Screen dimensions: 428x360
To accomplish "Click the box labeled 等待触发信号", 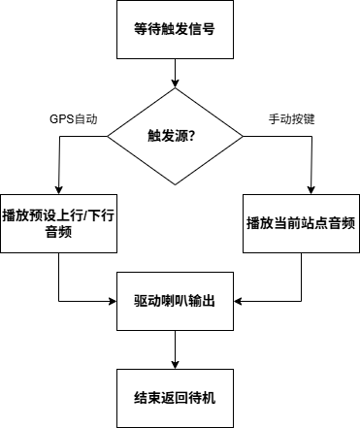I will point(175,29).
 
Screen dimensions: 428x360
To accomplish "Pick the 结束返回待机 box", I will point(175,398).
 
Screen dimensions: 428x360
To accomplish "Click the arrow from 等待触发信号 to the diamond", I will point(175,73).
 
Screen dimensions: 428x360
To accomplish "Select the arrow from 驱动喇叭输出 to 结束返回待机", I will point(175,349).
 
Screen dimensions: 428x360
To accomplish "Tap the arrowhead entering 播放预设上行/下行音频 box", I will point(58,189).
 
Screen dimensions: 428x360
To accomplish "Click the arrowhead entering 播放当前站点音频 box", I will point(311,189).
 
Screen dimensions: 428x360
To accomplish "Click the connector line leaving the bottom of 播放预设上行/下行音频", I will point(58,277).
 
